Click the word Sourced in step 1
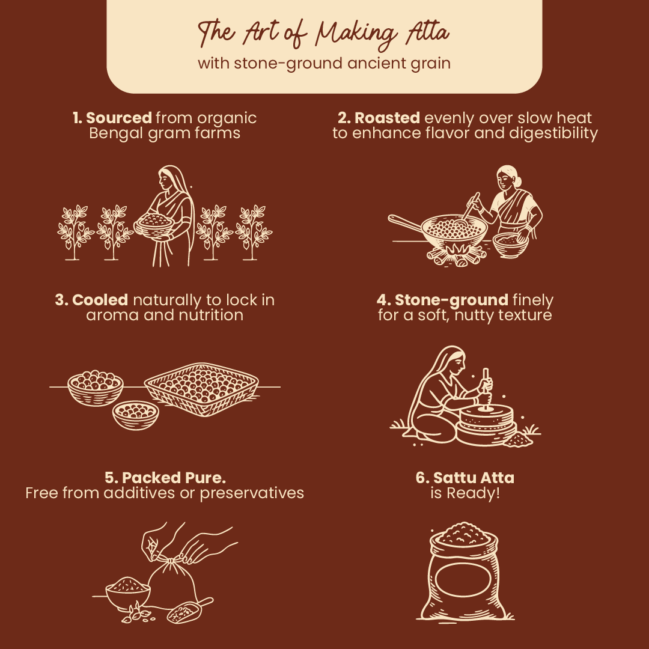[x=119, y=118]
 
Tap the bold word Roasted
[x=387, y=118]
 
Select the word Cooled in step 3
[x=100, y=300]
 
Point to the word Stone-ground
[x=451, y=300]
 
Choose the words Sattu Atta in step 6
[x=474, y=478]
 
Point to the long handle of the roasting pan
[x=406, y=224]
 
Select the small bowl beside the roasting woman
[x=510, y=245]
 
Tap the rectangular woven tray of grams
[x=201, y=389]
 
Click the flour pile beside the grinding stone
[x=518, y=439]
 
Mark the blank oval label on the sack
[x=463, y=579]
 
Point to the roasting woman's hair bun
[x=518, y=180]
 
